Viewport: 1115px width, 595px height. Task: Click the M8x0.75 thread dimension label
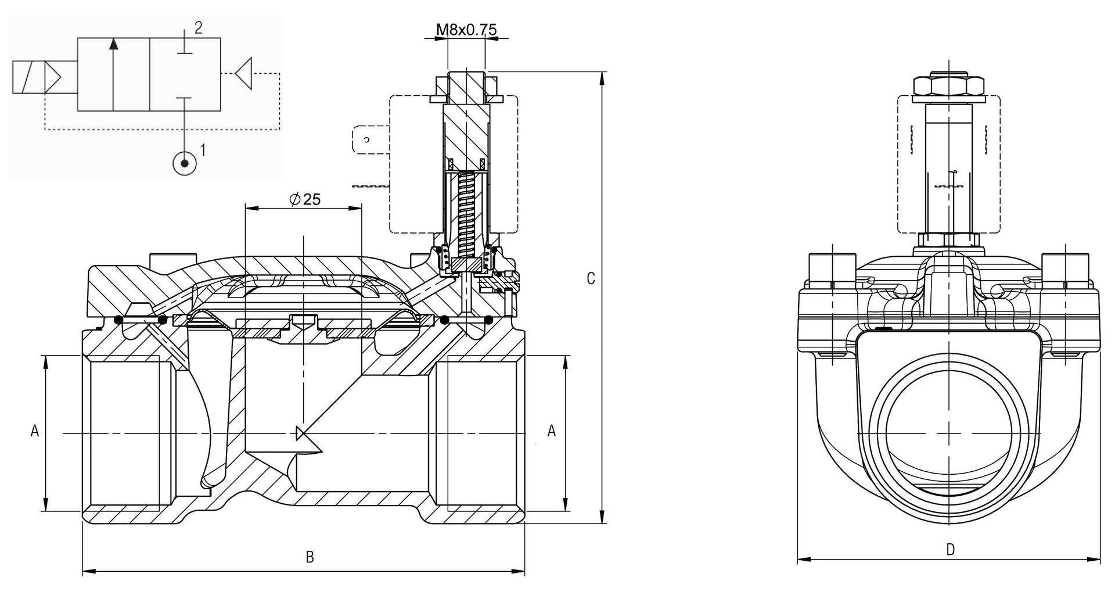click(x=467, y=29)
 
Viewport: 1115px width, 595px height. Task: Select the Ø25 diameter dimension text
click(x=305, y=199)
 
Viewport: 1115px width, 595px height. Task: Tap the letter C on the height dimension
click(x=591, y=279)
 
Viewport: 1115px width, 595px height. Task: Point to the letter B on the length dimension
click(x=310, y=557)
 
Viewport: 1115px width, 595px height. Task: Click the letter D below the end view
click(x=950, y=550)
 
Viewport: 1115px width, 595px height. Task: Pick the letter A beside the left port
click(x=34, y=431)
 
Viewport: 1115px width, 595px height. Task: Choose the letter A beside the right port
click(x=552, y=431)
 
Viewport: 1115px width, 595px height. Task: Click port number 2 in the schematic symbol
click(x=198, y=28)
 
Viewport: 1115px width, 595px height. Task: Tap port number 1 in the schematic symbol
click(x=203, y=150)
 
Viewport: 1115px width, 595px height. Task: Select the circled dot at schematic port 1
click(x=185, y=163)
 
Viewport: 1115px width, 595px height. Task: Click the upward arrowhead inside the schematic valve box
click(x=114, y=44)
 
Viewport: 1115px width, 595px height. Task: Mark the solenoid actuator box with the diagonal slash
click(x=28, y=77)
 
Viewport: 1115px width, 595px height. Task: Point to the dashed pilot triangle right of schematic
click(x=244, y=74)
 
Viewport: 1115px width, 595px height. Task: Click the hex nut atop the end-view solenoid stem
click(x=949, y=86)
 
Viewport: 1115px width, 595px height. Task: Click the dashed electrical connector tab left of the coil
click(x=370, y=139)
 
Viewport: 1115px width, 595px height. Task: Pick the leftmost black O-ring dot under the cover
click(x=118, y=320)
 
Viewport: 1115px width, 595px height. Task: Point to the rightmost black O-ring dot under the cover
click(x=488, y=320)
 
